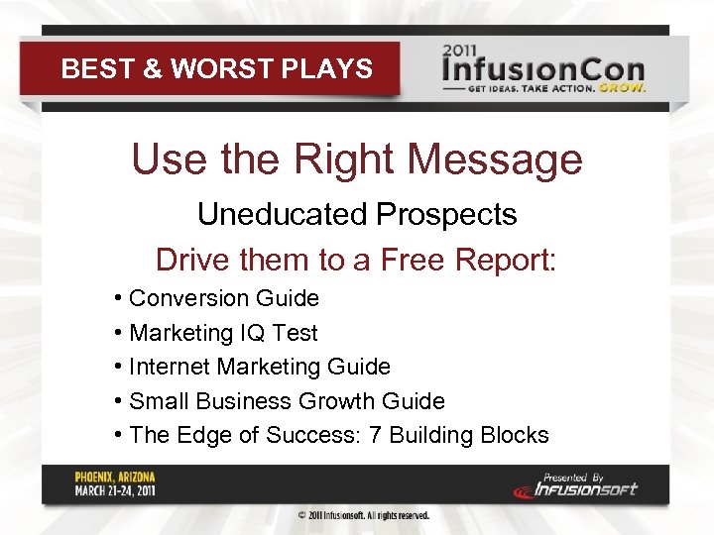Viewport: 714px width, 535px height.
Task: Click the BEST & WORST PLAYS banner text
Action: coord(216,68)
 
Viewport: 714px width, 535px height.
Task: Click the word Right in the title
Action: coord(331,159)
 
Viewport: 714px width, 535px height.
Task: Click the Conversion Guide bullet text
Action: coord(224,298)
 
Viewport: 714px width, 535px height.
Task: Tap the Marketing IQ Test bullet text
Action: coord(224,333)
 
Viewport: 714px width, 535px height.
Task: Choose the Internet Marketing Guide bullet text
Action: coord(260,367)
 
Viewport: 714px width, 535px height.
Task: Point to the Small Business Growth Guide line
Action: coord(287,401)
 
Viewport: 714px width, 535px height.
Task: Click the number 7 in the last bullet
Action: coord(374,435)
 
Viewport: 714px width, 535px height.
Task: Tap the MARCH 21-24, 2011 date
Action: coord(115,490)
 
